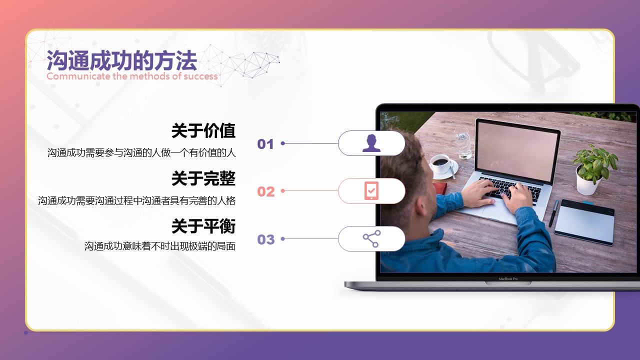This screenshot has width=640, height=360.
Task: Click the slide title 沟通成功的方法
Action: point(121,60)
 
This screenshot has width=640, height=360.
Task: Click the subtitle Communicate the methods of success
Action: point(132,76)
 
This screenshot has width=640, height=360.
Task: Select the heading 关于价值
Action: point(203,131)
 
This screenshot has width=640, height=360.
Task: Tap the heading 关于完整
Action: point(203,178)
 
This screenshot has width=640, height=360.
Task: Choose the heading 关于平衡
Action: point(203,226)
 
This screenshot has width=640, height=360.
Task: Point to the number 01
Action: point(265,144)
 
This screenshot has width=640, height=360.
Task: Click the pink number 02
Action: point(265,191)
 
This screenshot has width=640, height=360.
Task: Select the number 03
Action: point(265,239)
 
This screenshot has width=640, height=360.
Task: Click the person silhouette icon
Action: point(371,143)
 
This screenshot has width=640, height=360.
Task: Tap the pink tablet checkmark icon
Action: point(371,190)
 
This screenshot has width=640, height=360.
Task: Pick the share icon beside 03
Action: point(371,238)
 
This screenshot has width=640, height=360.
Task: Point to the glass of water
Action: point(463,143)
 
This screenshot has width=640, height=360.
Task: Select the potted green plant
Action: point(592,169)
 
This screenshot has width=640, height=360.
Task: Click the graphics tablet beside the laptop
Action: point(584,222)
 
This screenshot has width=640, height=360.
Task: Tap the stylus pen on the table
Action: point(553,213)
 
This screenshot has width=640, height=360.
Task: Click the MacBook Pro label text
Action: point(508,279)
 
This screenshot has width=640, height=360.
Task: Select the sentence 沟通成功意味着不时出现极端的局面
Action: point(160,246)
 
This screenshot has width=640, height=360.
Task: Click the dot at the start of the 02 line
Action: point(282,191)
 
